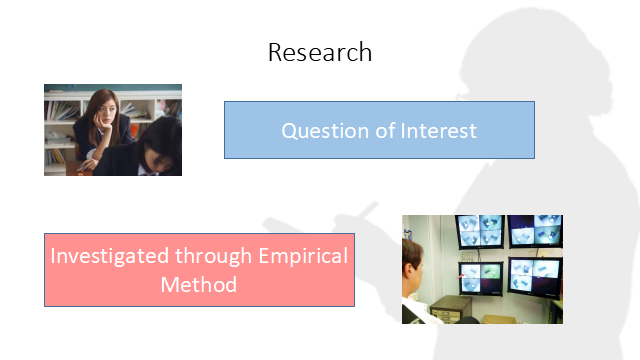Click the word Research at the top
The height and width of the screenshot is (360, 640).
coord(320,52)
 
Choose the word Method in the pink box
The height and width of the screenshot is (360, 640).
coord(198,284)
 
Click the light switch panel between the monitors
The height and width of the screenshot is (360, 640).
coord(505,254)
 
